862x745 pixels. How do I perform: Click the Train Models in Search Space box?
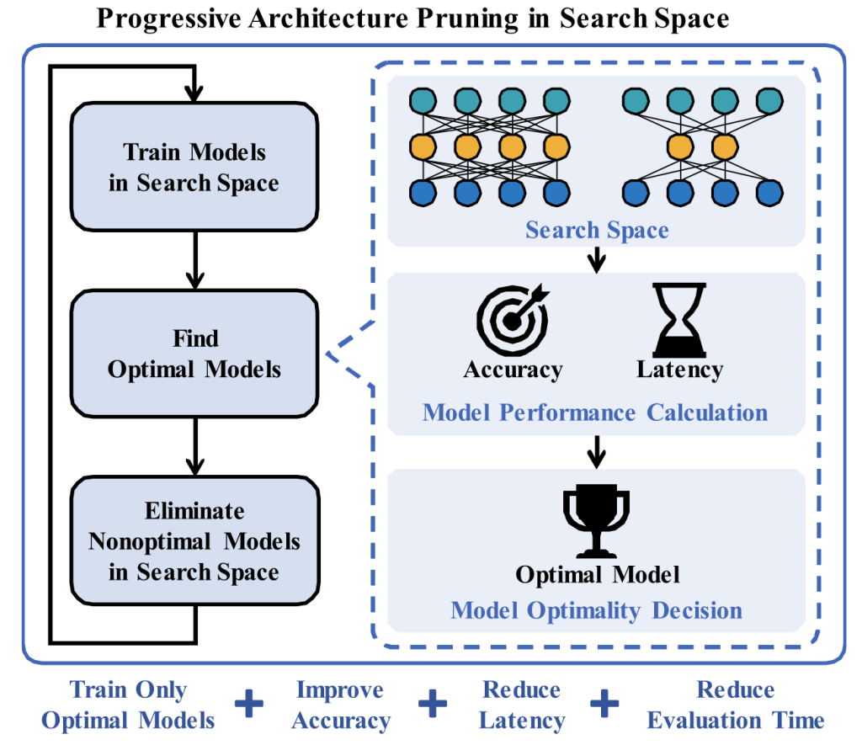[194, 168]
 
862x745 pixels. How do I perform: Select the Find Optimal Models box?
[194, 354]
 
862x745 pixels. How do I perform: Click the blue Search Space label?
[597, 230]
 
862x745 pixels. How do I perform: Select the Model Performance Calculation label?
[594, 412]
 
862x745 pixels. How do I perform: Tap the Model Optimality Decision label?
[596, 610]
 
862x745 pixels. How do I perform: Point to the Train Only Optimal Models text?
[129, 705]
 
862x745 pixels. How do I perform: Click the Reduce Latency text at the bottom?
[522, 705]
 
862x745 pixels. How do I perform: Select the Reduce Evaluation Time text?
[736, 705]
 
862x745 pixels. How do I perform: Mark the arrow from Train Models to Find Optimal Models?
[194, 260]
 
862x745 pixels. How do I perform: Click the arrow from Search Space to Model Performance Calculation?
[597, 259]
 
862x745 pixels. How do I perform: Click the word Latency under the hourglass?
[679, 370]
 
